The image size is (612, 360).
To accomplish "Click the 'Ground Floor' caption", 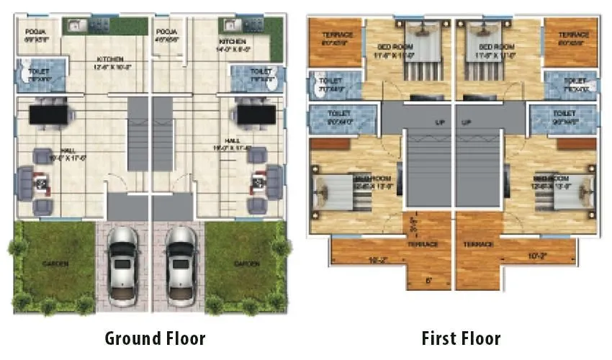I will click(x=155, y=338).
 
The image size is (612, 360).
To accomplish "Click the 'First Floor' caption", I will click(x=461, y=338).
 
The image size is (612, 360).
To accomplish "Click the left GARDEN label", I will click(x=55, y=264).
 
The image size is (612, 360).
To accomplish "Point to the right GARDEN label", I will click(x=247, y=264).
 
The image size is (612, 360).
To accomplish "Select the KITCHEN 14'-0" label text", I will click(x=233, y=42).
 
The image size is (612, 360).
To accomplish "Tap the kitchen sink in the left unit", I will click(x=76, y=26).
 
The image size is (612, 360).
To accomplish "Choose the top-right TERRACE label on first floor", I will click(x=574, y=35).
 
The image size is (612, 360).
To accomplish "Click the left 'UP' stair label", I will click(x=438, y=122).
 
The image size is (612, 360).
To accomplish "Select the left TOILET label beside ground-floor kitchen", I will click(x=37, y=71).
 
